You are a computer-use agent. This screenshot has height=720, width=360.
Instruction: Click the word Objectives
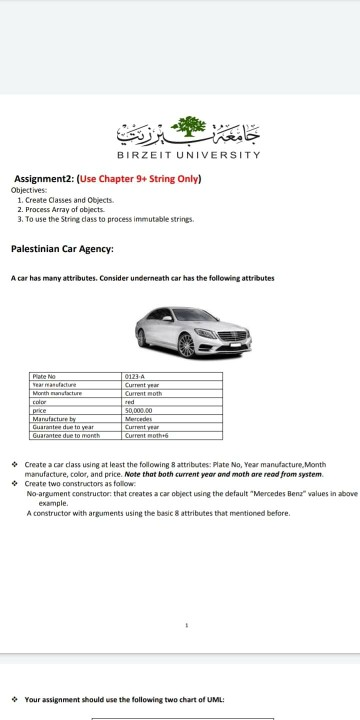coord(28,190)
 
